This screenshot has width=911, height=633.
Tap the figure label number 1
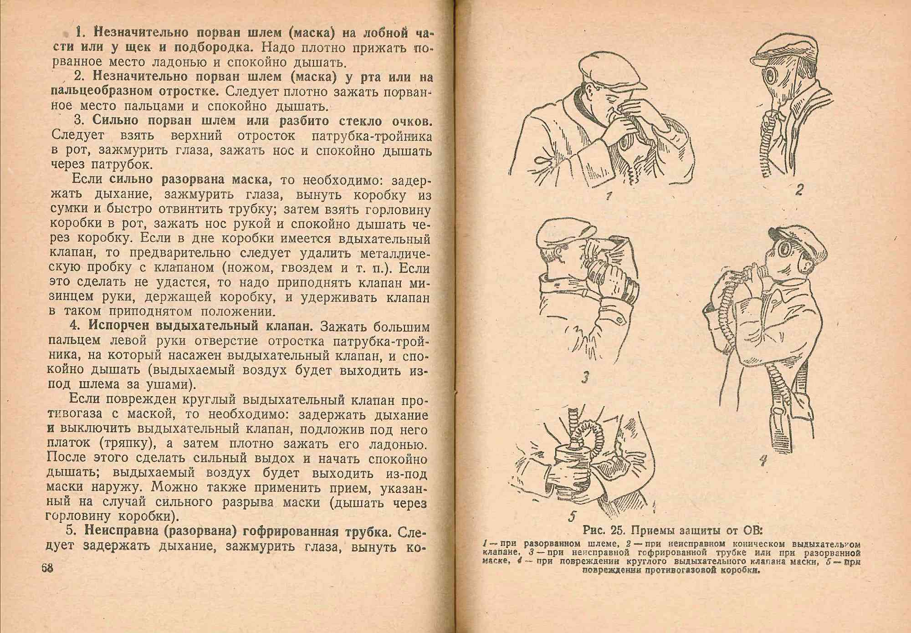[609, 196]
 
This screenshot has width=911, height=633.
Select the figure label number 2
[799, 189]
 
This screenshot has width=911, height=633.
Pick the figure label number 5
[573, 516]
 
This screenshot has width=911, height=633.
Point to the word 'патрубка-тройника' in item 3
[371, 136]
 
